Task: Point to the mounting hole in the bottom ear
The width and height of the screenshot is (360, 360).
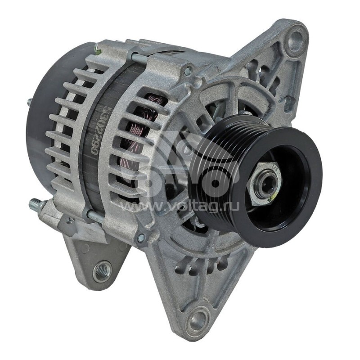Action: point(197,321)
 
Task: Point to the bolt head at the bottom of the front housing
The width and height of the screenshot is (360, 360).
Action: point(141,237)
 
